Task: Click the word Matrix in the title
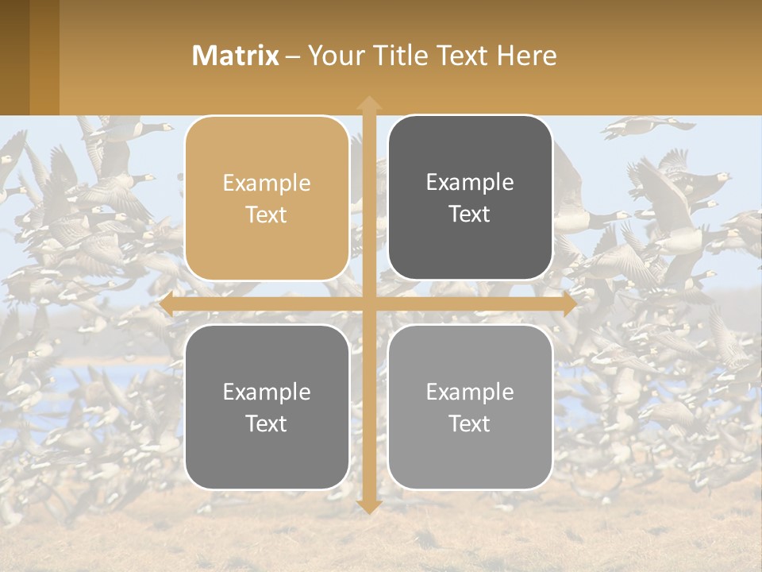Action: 236,56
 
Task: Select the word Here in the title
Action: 527,56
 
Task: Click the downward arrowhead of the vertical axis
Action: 368,506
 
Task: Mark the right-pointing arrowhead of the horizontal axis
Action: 569,304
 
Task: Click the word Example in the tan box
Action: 267,183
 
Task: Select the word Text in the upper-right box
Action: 470,214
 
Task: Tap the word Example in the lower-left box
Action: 267,392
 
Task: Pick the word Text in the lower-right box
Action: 470,423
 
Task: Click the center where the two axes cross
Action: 368,304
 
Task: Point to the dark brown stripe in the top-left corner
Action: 14,57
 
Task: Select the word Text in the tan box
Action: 267,214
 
